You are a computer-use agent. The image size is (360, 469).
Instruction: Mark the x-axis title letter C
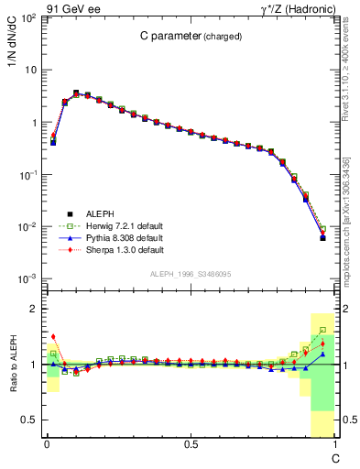[x=335, y=456]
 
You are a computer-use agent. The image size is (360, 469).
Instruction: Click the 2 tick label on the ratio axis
[x=36, y=309]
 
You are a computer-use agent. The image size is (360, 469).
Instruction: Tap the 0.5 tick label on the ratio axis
[x=31, y=420]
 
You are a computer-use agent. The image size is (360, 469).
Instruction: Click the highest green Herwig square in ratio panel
[x=322, y=330]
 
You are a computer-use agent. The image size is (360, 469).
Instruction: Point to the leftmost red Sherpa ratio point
[x=53, y=337]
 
